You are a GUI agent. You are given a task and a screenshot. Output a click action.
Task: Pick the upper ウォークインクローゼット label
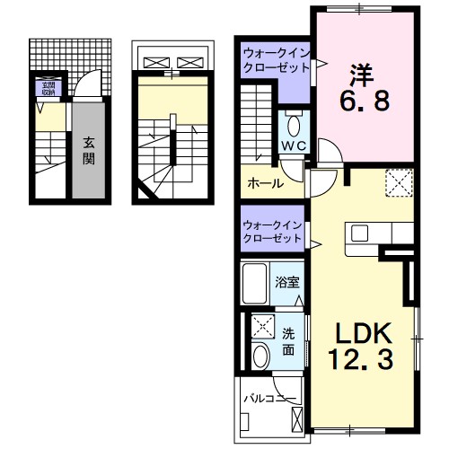pos(274,63)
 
